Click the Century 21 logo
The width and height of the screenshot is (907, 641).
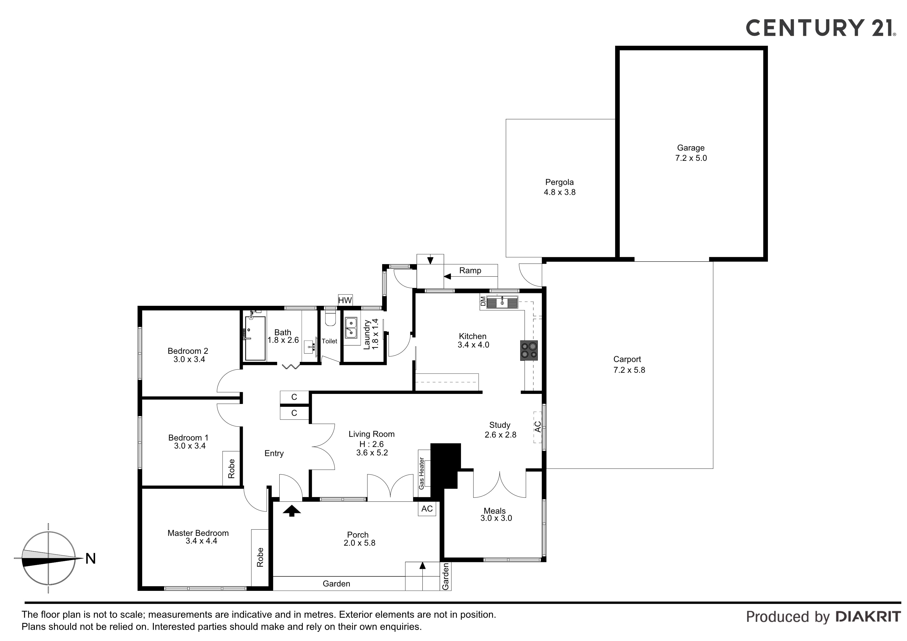[x=820, y=28]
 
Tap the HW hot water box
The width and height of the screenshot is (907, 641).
[x=345, y=300]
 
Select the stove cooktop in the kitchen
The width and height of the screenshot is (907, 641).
[x=529, y=350]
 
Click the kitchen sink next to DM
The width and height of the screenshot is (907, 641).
[x=502, y=302]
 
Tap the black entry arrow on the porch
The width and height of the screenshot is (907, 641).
[x=292, y=511]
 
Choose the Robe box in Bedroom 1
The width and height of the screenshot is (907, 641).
[x=231, y=468]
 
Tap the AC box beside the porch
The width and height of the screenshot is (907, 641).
[x=427, y=509]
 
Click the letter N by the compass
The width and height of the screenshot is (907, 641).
[x=91, y=559]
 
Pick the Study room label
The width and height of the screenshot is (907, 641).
[x=500, y=425]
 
